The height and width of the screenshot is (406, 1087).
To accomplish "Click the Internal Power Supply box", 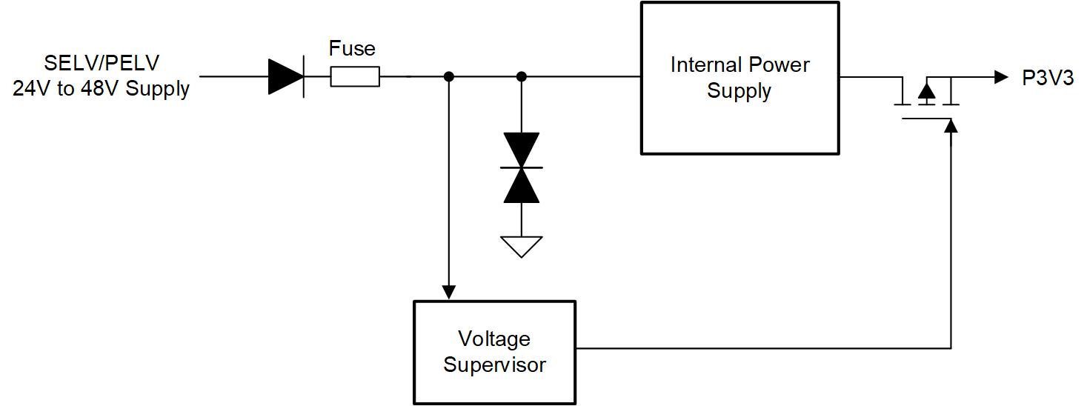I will point(739,78).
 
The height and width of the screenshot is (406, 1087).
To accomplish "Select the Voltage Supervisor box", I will point(495,352).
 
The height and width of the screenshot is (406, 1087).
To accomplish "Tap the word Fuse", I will point(352,49).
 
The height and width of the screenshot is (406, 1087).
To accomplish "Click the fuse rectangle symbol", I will point(354,76).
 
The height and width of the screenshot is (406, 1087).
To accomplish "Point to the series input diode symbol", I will point(286,76).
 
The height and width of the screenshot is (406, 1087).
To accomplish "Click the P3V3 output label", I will point(1048,78).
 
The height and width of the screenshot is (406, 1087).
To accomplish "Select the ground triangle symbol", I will point(522,245).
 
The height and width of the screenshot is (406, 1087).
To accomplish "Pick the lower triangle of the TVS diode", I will point(522,185).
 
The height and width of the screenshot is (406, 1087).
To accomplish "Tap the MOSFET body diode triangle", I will point(926,90).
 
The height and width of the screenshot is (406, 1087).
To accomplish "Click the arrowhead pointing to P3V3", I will point(1001,76).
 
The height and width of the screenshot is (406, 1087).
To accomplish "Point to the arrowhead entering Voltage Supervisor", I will point(448,292).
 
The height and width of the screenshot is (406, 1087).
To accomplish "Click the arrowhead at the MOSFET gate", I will point(951,126).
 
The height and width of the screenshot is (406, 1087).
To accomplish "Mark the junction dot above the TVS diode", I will point(522,76).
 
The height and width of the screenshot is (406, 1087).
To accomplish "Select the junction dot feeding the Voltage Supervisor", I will point(448,76).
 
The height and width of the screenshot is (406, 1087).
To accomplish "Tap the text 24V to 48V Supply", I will point(102,90).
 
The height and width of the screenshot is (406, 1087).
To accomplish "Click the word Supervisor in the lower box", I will point(495,365).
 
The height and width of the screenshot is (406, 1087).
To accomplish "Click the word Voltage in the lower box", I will point(494,339).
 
